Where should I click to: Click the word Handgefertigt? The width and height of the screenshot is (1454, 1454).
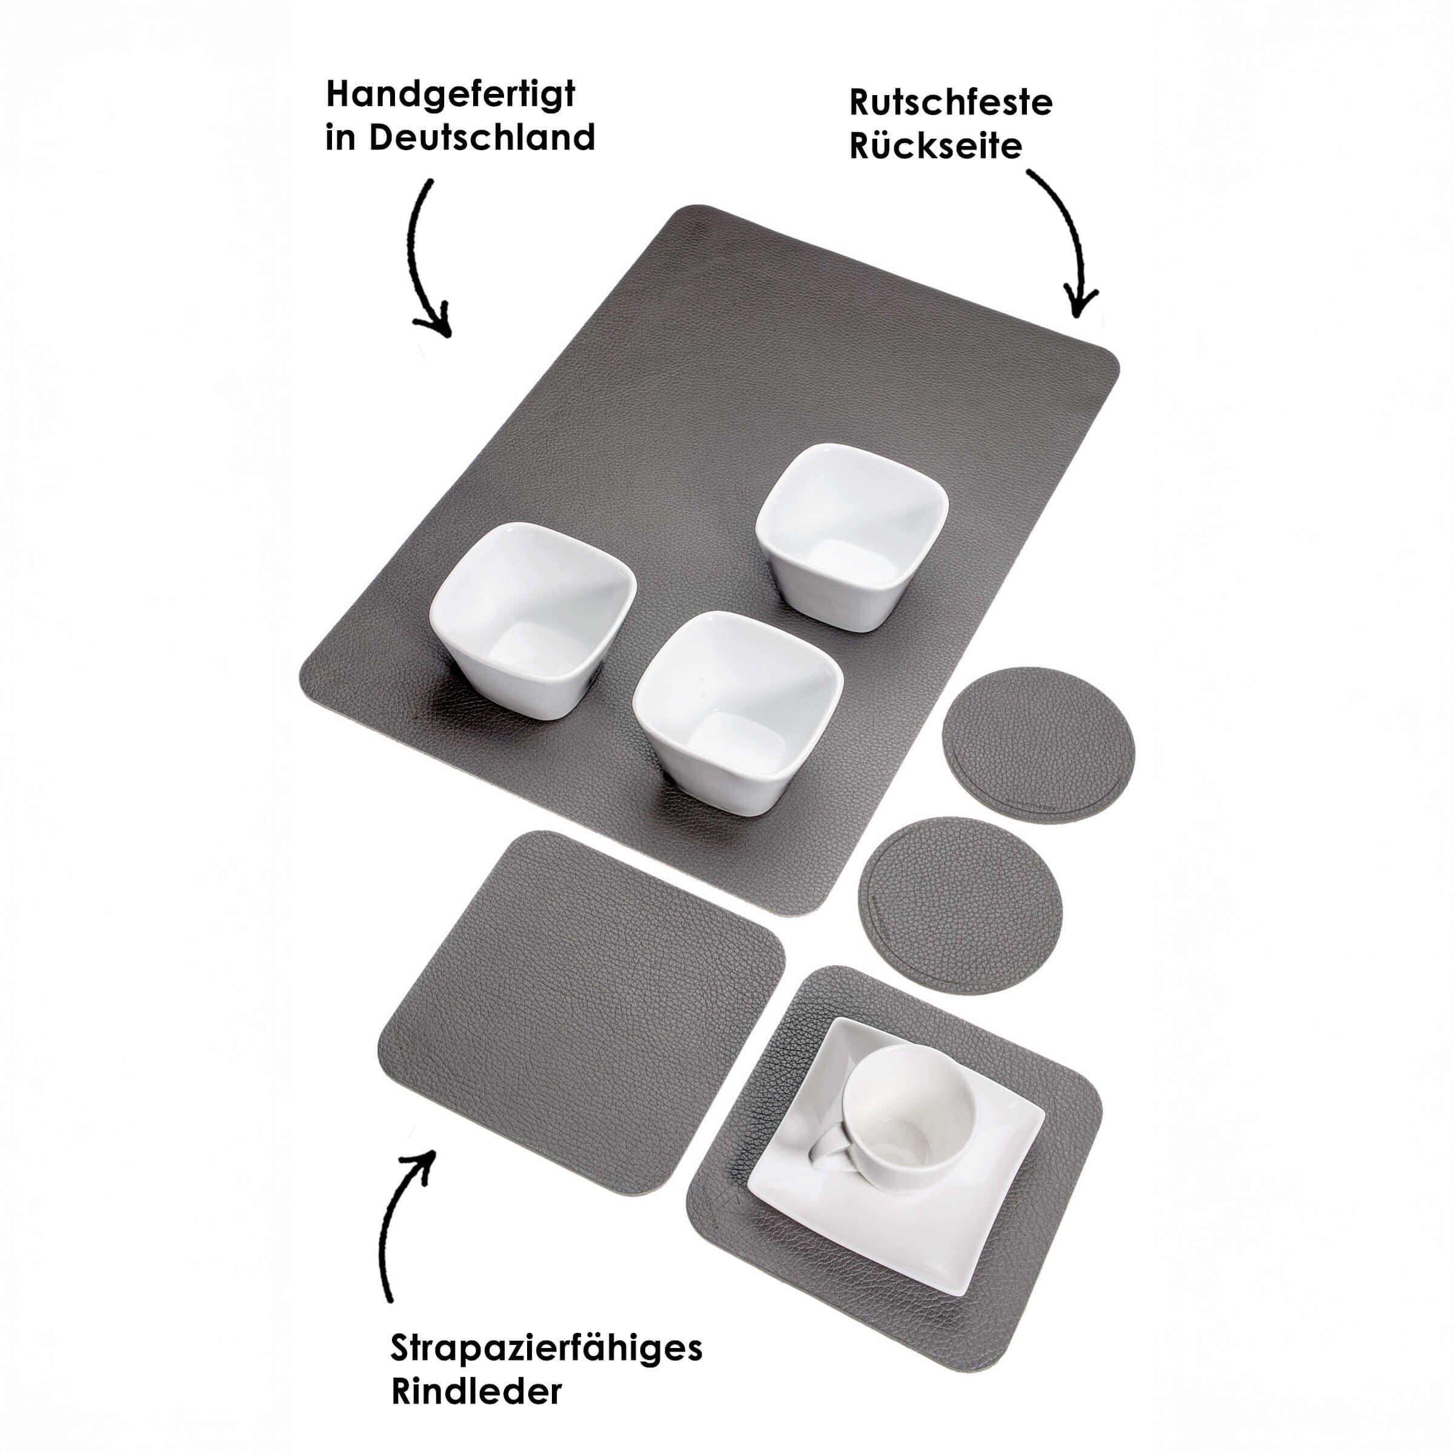(x=451, y=96)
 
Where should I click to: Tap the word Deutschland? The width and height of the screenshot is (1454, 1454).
(x=482, y=138)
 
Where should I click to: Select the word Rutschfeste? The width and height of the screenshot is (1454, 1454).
(x=951, y=102)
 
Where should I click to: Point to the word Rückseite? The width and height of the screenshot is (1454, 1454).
(x=936, y=145)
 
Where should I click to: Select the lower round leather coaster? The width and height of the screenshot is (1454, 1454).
(x=961, y=906)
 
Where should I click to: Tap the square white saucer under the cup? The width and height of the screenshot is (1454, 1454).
(x=895, y=1152)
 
